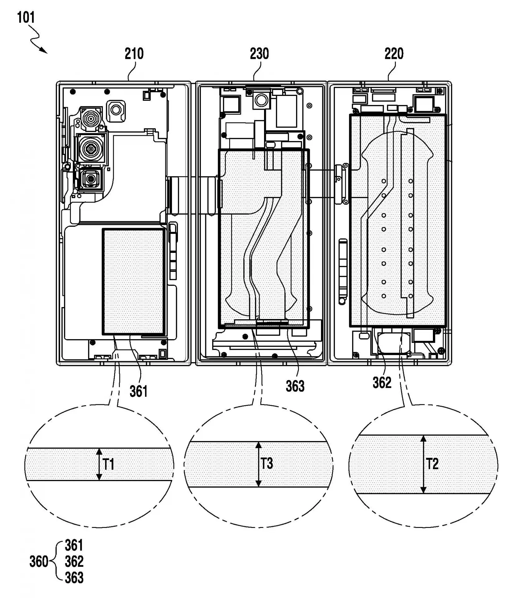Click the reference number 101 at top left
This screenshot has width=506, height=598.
26,17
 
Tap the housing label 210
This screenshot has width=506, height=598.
134,54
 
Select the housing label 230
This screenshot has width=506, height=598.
259,54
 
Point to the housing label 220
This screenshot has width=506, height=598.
394,54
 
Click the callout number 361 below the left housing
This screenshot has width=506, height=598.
138,391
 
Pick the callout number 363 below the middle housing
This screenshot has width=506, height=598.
295,386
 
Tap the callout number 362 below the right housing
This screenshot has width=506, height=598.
382,382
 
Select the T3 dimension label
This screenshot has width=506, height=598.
267,463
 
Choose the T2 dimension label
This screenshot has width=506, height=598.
432,464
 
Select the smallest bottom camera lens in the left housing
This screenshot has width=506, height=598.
91,179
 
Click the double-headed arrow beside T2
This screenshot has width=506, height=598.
423,464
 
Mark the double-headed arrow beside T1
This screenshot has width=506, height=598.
99,464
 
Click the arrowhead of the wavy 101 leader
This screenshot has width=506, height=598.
45,51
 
